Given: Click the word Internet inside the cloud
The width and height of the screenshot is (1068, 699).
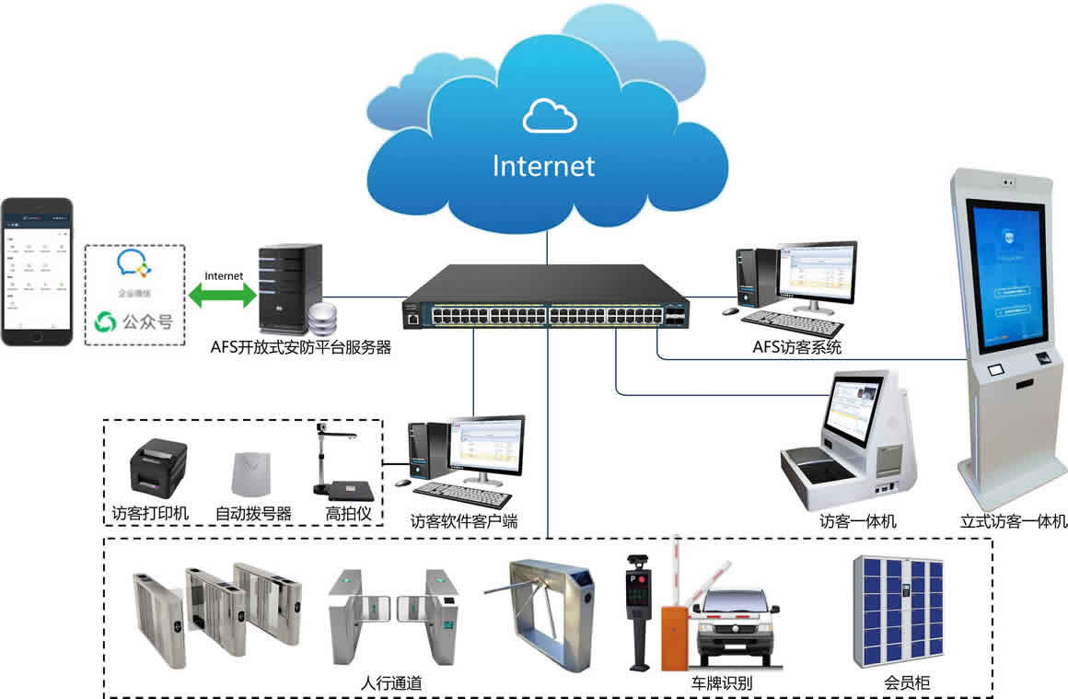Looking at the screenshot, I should click(x=544, y=166).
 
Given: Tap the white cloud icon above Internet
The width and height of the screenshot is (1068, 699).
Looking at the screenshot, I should click(x=550, y=116).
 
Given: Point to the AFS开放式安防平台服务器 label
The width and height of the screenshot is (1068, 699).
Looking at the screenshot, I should click(x=302, y=348).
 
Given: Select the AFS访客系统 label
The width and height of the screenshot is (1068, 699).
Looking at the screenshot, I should click(x=797, y=348).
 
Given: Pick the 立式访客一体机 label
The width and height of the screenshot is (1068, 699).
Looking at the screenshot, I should click(x=1014, y=521).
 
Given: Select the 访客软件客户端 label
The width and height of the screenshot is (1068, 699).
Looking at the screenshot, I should click(x=464, y=521).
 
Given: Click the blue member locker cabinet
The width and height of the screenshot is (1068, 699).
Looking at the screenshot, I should click(x=898, y=611).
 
